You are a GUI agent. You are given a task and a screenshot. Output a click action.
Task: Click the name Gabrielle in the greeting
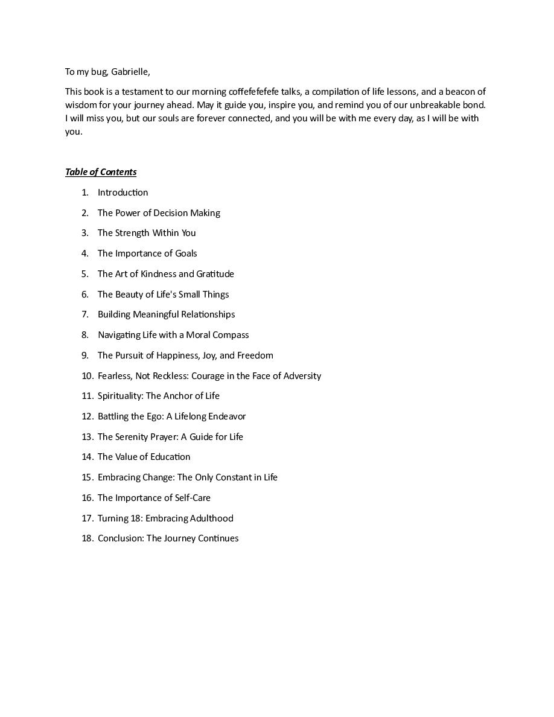tap(130, 72)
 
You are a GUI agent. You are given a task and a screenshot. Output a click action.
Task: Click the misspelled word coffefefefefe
tap(254, 92)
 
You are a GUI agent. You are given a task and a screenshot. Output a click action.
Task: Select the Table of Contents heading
tap(101, 172)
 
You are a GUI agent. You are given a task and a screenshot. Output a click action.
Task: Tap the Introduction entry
tap(123, 193)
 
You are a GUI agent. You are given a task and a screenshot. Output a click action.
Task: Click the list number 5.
tap(85, 274)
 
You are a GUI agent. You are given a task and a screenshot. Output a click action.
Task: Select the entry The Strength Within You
tap(147, 233)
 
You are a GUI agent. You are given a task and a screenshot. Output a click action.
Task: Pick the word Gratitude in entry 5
tap(215, 274)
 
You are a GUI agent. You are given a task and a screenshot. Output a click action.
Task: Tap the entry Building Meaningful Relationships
tap(166, 314)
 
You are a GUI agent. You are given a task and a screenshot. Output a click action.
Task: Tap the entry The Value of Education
tap(144, 457)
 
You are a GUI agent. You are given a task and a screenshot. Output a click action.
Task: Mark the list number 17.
tap(87, 518)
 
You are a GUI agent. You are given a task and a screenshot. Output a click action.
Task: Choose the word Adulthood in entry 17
tap(211, 518)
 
